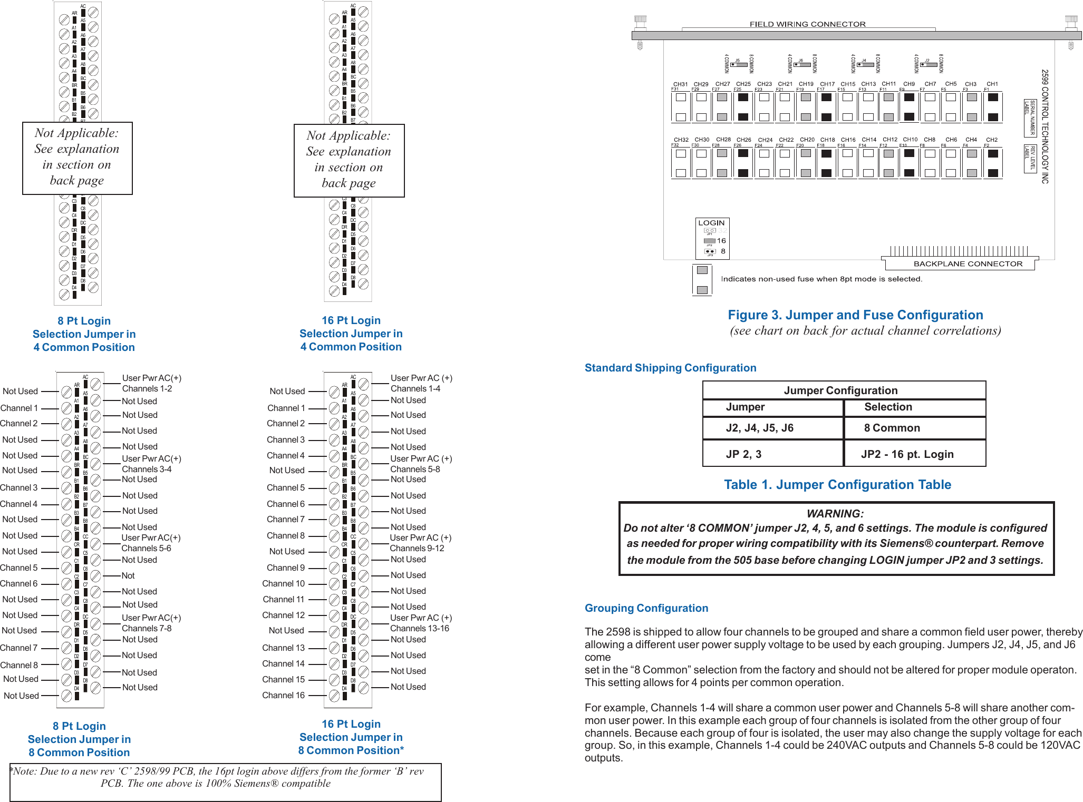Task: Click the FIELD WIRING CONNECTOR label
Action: [807, 24]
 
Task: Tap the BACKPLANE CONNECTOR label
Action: [968, 264]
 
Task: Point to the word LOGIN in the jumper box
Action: [711, 223]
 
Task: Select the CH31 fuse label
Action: [680, 84]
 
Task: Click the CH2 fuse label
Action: [991, 140]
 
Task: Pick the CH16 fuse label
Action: [848, 140]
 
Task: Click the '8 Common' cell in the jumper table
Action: [892, 428]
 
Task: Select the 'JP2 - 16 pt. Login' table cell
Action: [907, 454]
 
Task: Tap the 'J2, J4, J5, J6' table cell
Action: [759, 428]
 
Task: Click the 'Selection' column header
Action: [888, 407]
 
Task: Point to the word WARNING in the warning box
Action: [835, 514]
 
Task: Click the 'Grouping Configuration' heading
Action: [646, 608]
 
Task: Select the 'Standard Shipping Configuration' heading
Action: [670, 368]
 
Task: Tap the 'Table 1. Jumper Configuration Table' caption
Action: [837, 485]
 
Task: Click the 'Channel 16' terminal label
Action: [283, 696]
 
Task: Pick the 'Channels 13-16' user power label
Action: [419, 629]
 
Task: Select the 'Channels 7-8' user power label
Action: [147, 629]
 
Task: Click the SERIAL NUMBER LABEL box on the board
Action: [1030, 118]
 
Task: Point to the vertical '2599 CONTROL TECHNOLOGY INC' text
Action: [1045, 126]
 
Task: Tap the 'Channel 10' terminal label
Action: [283, 584]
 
